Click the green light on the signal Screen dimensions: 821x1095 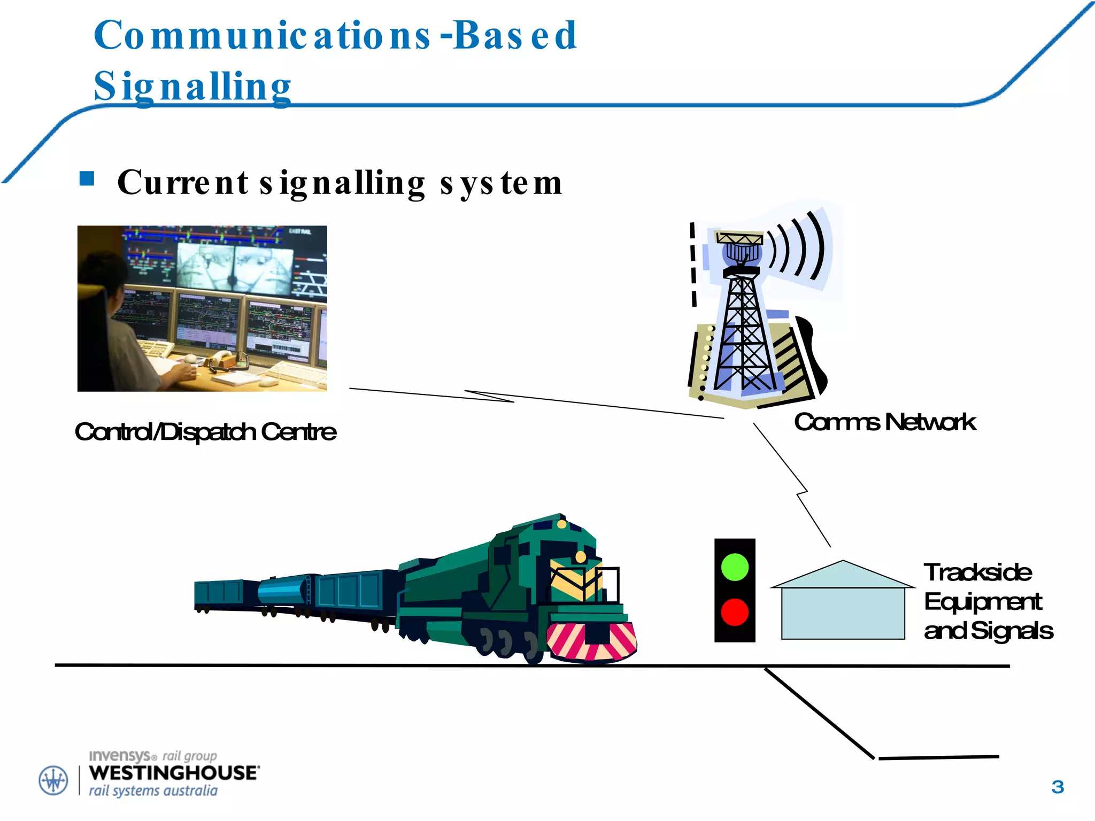(x=735, y=567)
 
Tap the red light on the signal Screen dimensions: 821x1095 (x=735, y=612)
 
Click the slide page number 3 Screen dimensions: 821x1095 (x=1057, y=787)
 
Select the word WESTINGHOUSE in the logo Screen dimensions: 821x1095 (x=174, y=773)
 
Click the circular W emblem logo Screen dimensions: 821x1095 (x=53, y=780)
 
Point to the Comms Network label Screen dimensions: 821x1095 (x=885, y=422)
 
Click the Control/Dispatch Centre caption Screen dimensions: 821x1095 (x=205, y=432)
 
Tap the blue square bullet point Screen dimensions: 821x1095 (x=87, y=179)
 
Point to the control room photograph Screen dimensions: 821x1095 (x=202, y=308)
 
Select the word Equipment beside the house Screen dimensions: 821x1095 (x=983, y=602)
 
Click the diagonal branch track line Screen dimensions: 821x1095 (x=819, y=713)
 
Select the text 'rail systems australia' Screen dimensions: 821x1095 (x=153, y=791)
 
